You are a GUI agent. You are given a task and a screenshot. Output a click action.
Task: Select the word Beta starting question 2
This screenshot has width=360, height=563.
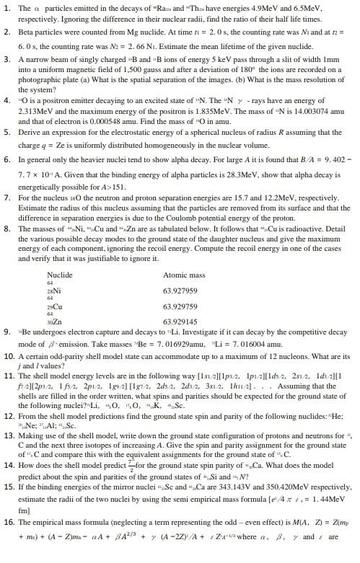pos(31,32)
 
